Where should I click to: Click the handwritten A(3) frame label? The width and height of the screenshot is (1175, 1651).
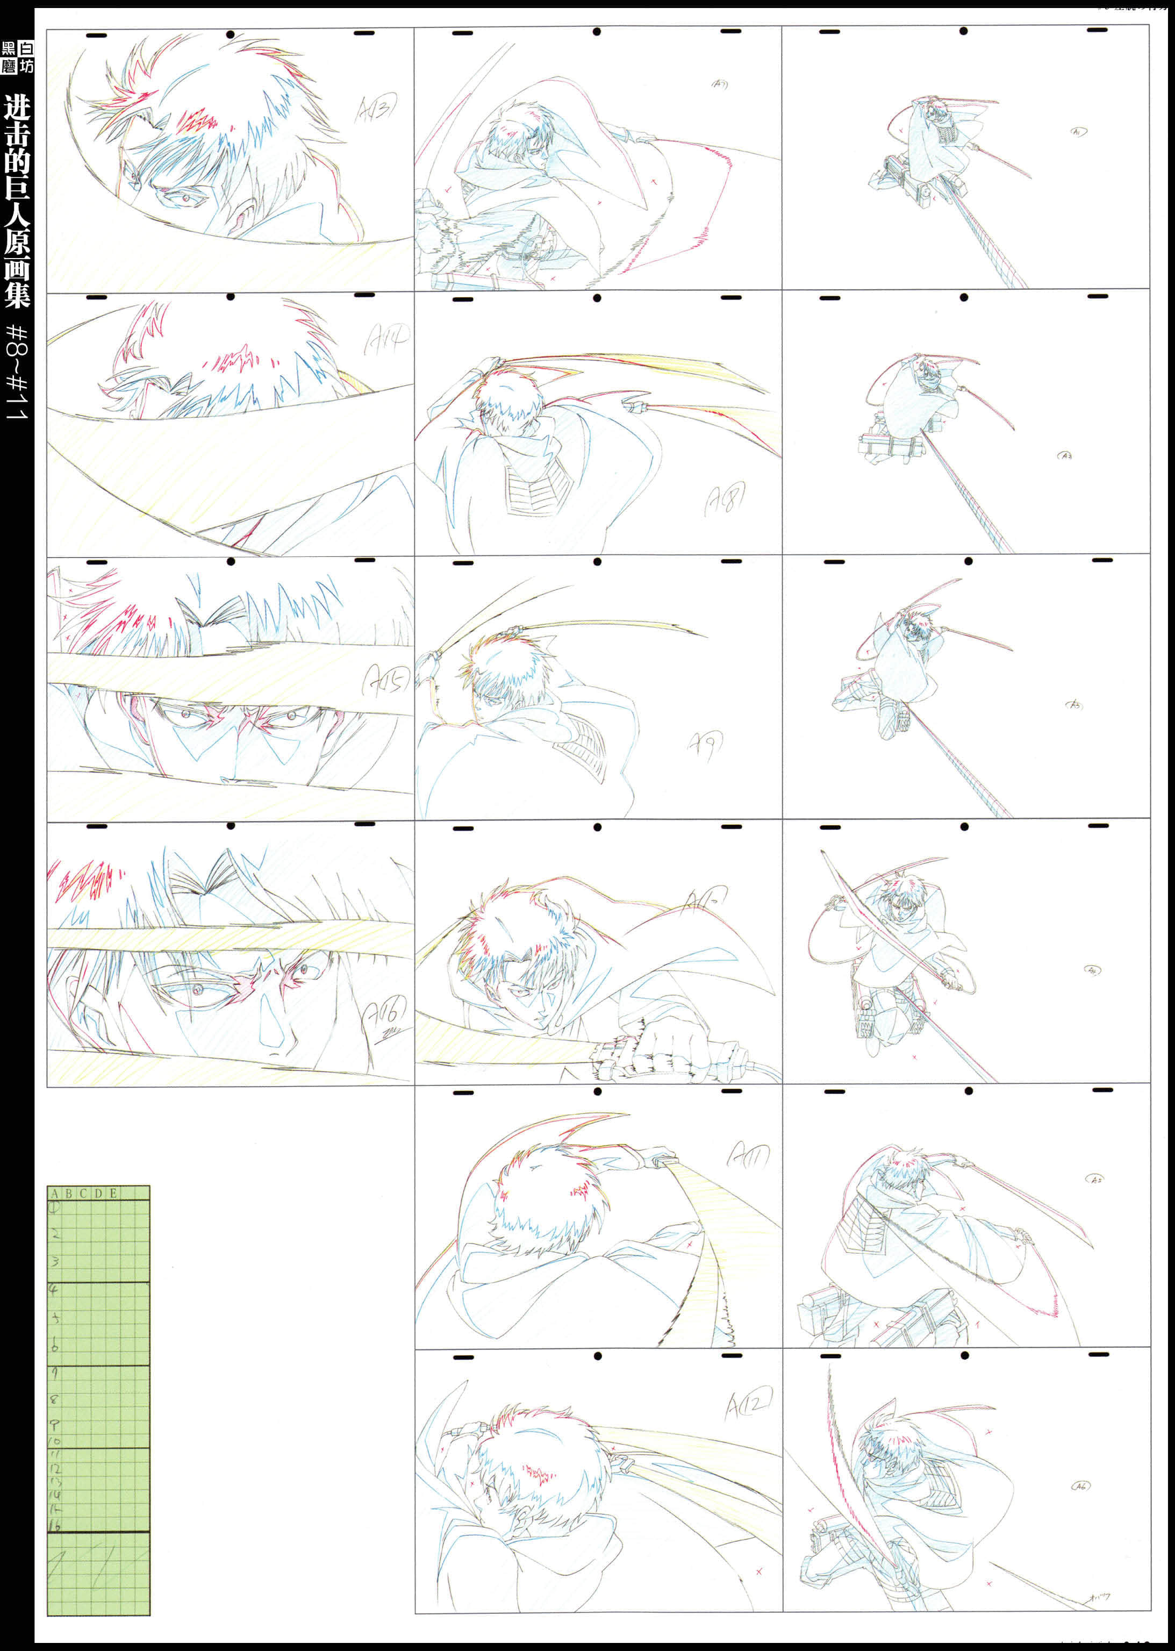pos(377,109)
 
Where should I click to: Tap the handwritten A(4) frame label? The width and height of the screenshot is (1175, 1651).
pos(387,337)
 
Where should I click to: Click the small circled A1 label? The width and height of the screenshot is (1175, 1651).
pos(1077,132)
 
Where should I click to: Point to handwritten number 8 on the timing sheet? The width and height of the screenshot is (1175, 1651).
pos(54,1399)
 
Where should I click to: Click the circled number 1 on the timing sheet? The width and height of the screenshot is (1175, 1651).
pos(54,1207)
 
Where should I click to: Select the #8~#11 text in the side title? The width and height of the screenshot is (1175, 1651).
pos(17,373)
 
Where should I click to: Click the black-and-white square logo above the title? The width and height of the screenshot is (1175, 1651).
pos(17,57)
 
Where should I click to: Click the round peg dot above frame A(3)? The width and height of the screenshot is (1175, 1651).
pos(230,34)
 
